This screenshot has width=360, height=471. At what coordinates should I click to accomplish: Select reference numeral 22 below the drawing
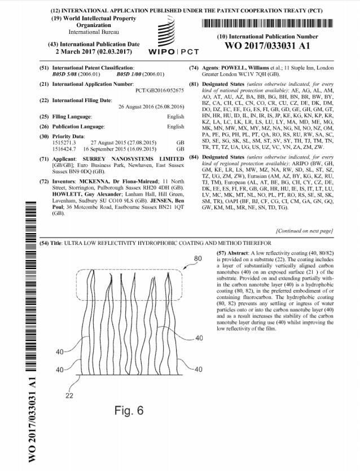(69, 395)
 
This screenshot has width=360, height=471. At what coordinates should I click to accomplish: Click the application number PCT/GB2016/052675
(160, 90)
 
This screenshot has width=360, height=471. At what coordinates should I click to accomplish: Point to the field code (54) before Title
(44, 243)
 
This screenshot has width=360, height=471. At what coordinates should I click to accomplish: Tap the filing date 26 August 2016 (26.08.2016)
(151, 107)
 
